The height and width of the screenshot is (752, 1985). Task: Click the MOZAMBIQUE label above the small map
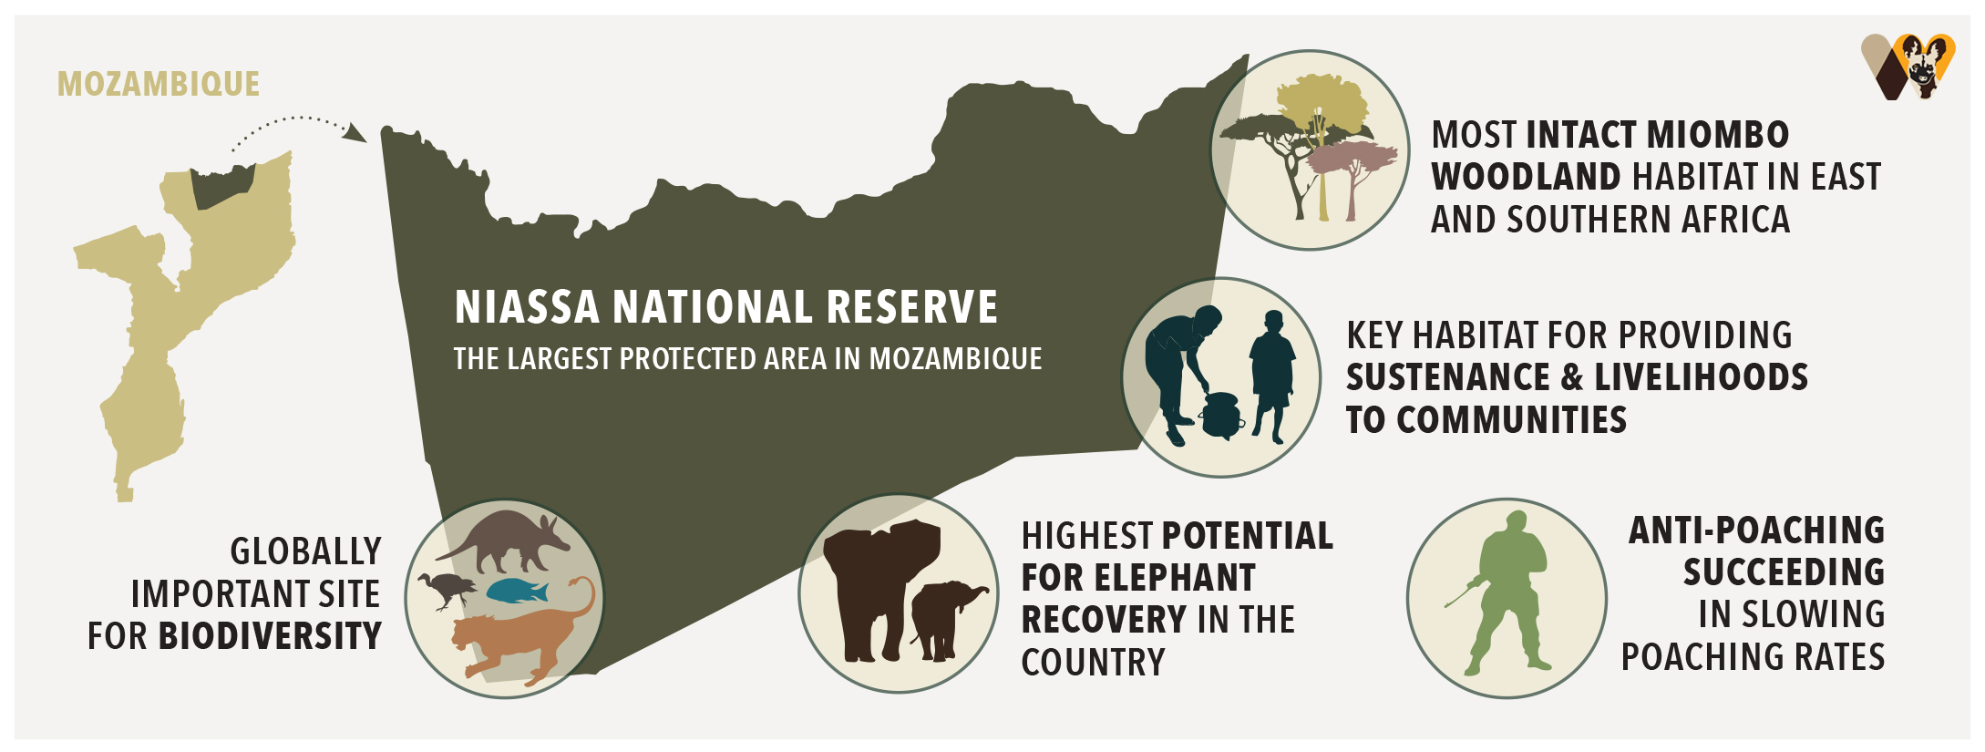tap(159, 84)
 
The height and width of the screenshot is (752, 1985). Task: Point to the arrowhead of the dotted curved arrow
tap(357, 134)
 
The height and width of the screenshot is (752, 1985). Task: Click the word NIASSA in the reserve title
tap(527, 307)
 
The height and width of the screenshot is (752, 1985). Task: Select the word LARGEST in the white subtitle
tap(559, 359)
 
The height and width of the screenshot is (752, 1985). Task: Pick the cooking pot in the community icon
tap(1220, 416)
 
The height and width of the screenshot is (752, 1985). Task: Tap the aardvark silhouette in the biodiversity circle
tap(505, 538)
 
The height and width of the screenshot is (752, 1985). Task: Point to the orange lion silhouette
tap(519, 638)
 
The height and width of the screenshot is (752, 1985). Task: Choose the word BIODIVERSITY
tap(270, 636)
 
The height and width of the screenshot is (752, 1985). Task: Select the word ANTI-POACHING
tap(1756, 531)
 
